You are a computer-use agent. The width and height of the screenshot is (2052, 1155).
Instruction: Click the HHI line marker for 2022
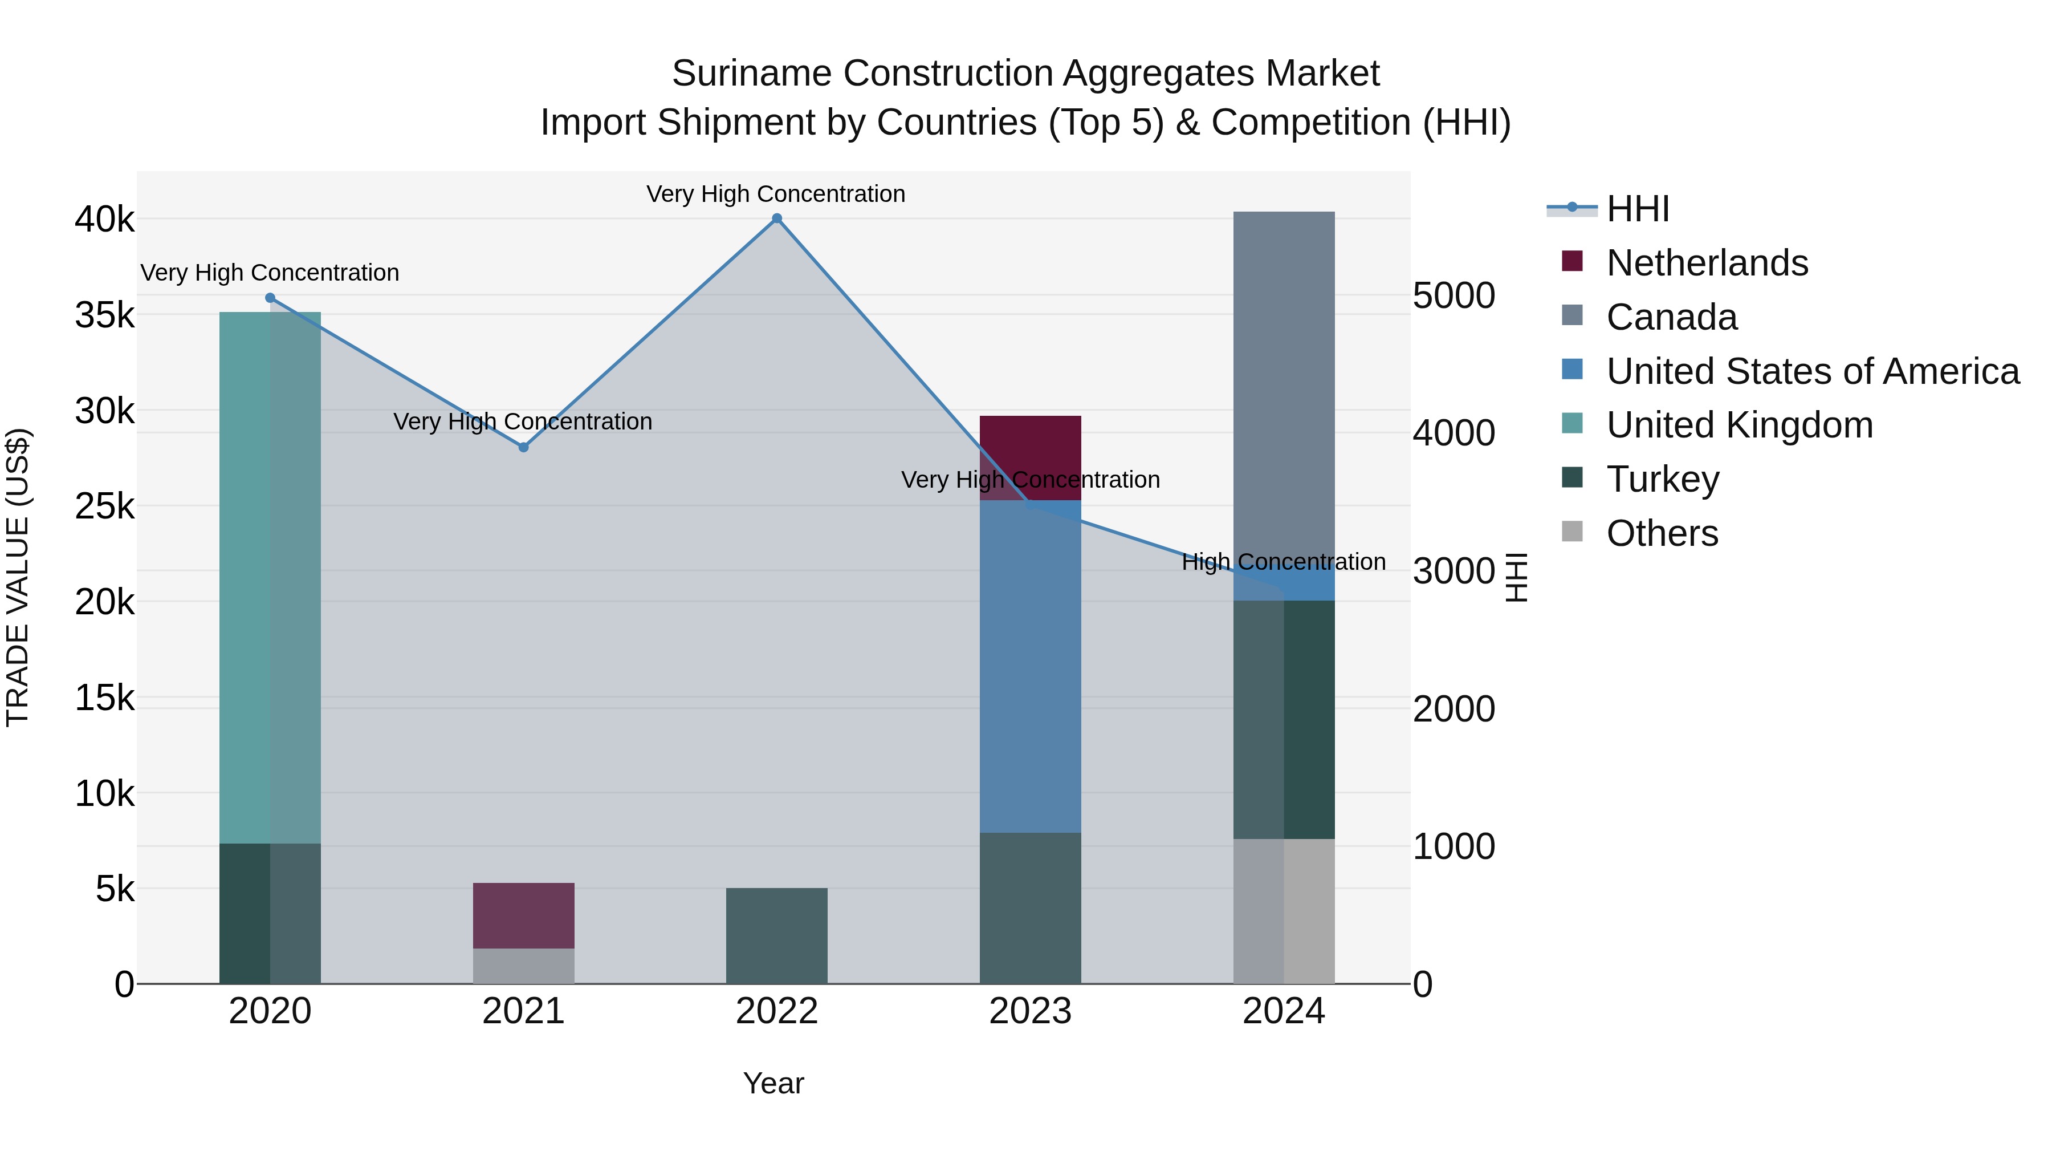pos(777,218)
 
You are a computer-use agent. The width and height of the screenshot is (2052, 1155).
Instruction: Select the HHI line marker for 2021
pos(523,447)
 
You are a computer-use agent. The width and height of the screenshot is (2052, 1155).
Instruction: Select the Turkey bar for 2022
pos(777,936)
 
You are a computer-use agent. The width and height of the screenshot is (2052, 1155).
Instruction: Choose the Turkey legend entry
pos(1663,479)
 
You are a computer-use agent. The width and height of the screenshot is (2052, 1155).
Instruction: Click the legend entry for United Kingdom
pos(1739,425)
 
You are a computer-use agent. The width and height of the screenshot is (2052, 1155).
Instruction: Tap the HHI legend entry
pos(1637,209)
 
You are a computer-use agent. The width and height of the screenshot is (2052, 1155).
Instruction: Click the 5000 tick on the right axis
pos(1453,295)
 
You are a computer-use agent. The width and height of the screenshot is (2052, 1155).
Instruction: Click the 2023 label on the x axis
pos(1030,1011)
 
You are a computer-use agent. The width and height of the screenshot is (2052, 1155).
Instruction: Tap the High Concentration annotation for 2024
pos(1283,562)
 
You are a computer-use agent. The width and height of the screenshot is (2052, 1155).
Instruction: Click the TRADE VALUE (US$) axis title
pos(18,577)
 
